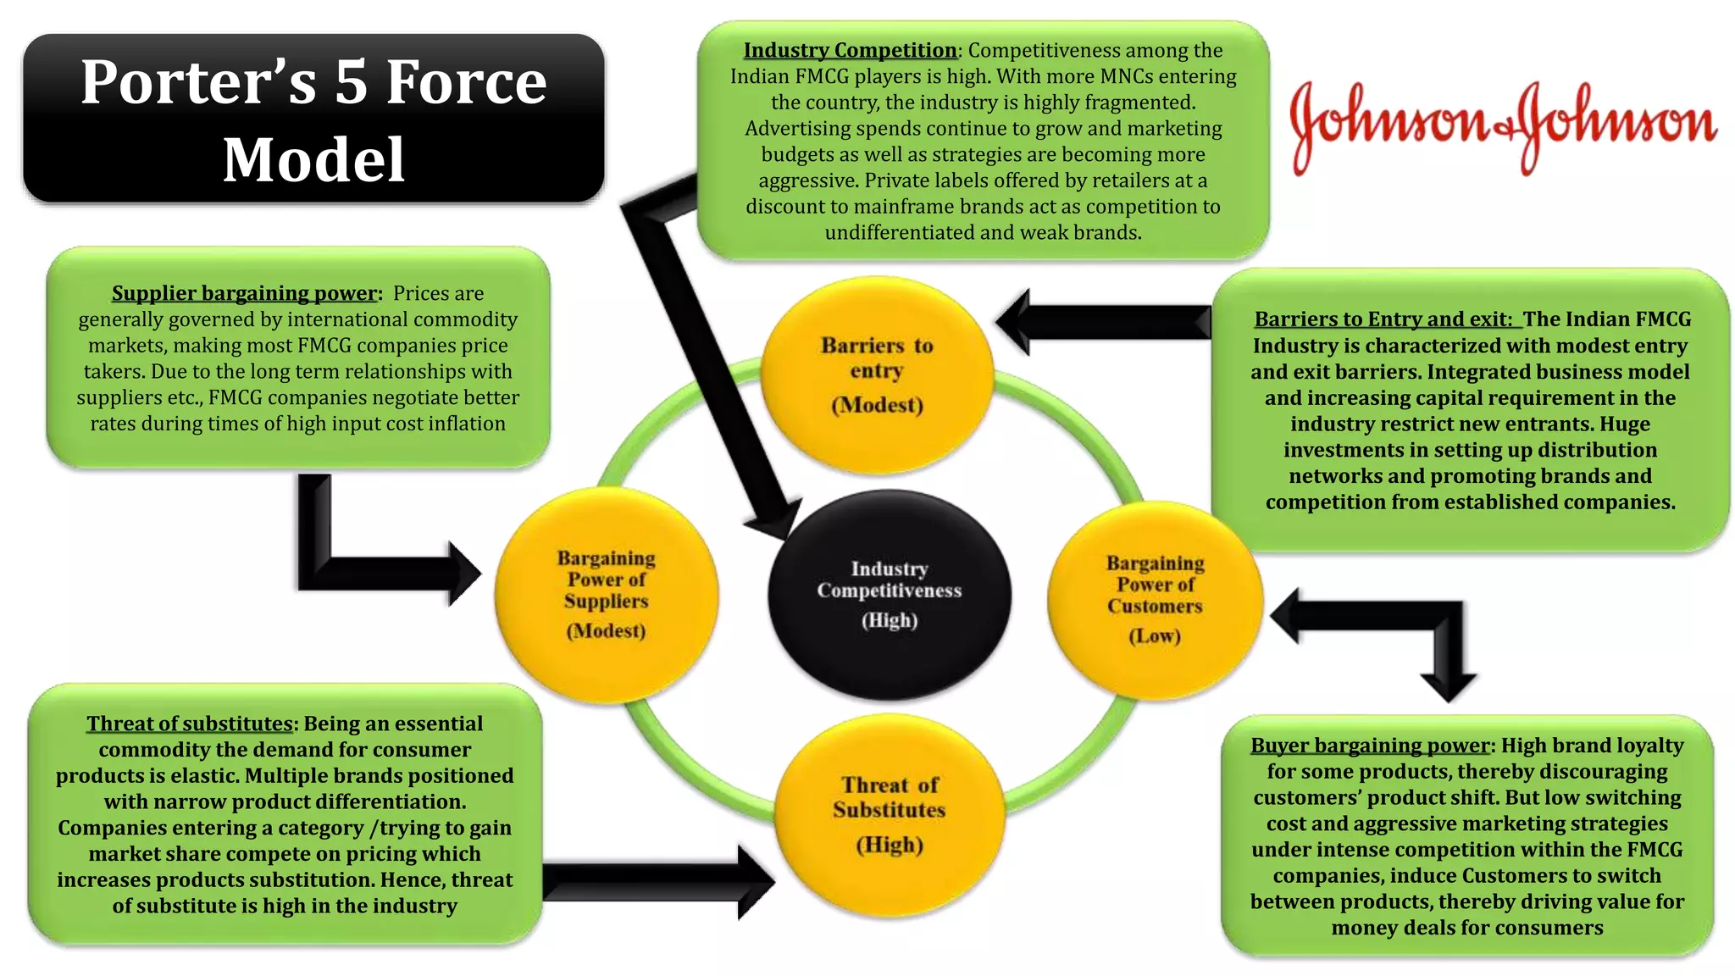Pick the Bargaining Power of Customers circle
[1155, 600]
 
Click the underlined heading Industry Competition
[850, 51]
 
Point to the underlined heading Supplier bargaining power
[244, 293]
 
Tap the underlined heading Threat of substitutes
[190, 724]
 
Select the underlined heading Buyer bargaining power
[1370, 746]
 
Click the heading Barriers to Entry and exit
[1383, 319]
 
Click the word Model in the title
[313, 159]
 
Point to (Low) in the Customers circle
[1155, 636]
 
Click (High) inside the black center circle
[890, 621]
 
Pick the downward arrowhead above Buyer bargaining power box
[1448, 686]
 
